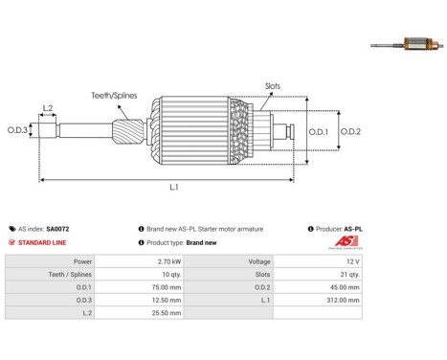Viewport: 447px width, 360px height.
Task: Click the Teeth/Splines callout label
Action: (x=114, y=96)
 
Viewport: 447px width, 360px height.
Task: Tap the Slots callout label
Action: (x=273, y=86)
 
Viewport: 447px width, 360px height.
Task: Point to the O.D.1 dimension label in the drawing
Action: (x=318, y=131)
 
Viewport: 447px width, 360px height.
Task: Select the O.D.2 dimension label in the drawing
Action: (x=350, y=131)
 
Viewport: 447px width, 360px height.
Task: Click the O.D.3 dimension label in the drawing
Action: (x=17, y=130)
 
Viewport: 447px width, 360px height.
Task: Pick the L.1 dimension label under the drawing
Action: (x=174, y=187)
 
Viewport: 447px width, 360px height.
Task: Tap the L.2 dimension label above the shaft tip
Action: (x=48, y=108)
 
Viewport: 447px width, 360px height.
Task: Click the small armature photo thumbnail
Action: (x=407, y=44)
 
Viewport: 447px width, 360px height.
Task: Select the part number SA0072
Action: (x=57, y=229)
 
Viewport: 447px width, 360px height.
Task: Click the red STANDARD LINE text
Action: (x=42, y=242)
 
